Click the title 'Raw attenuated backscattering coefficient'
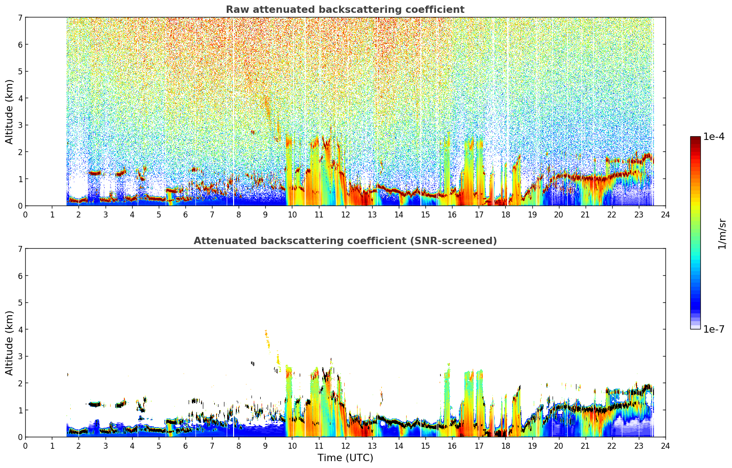(x=345, y=10)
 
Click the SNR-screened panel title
(x=345, y=240)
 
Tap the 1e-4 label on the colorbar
(x=714, y=137)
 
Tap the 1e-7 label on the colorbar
(x=714, y=329)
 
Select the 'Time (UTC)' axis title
(x=345, y=458)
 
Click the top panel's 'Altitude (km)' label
(x=9, y=111)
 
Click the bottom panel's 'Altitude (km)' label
(x=9, y=343)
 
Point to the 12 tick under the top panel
(x=346, y=215)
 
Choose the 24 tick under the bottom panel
(x=665, y=446)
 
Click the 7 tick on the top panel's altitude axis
(x=20, y=17)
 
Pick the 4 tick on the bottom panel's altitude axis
(x=20, y=329)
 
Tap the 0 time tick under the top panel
(x=26, y=215)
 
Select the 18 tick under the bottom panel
(x=506, y=446)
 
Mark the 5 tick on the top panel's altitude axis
(x=20, y=71)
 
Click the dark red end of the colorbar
(x=695, y=138)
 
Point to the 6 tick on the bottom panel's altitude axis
(x=20, y=275)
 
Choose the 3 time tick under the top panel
(x=106, y=215)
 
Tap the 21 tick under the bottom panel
(x=585, y=446)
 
